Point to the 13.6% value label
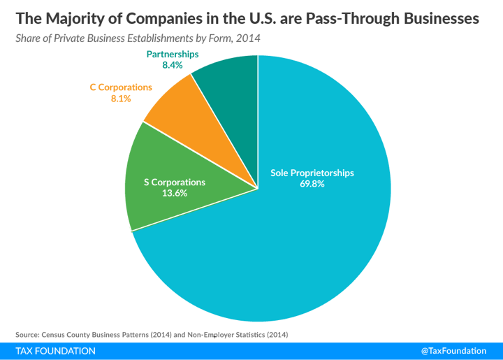[175, 194]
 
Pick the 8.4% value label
[173, 65]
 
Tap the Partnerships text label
[173, 54]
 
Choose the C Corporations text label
[121, 87]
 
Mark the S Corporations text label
[175, 182]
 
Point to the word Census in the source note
[57, 334]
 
